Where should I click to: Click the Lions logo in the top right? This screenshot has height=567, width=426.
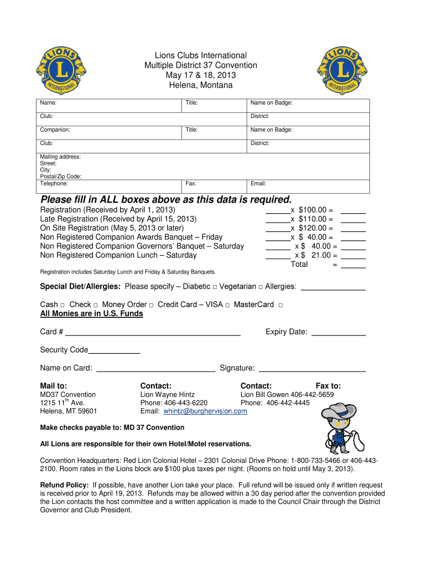[x=342, y=70]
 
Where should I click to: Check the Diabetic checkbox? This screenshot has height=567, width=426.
[x=214, y=287]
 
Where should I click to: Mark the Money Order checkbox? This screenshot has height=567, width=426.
[x=151, y=305]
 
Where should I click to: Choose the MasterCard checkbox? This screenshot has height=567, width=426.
[x=280, y=305]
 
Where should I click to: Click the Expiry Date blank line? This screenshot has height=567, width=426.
[x=339, y=333]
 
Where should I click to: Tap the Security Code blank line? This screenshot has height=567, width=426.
[x=115, y=351]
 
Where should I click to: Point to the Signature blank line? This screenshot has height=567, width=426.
[x=313, y=369]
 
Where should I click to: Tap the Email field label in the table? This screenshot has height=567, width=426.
[x=258, y=183]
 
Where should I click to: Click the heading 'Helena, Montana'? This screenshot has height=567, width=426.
[x=200, y=85]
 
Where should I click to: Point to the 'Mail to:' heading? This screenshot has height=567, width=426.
[x=54, y=386]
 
